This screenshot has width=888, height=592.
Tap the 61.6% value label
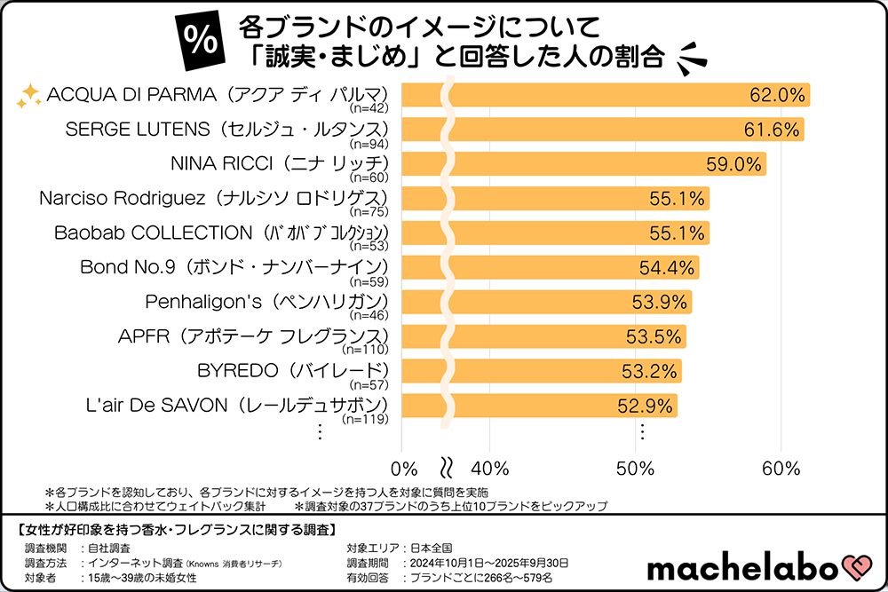tap(772, 130)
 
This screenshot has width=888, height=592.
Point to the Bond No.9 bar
tap(551, 267)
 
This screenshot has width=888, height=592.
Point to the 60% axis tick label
tap(781, 468)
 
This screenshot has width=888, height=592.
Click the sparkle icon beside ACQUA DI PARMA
tap(29, 95)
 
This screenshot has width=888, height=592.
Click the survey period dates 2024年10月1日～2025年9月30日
tap(486, 564)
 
